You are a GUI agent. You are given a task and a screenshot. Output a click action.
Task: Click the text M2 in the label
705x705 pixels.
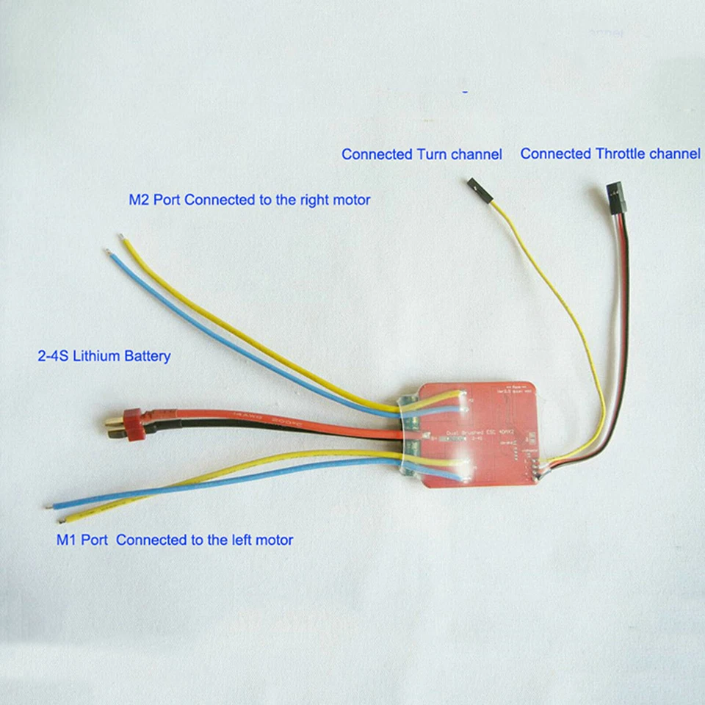click(140, 199)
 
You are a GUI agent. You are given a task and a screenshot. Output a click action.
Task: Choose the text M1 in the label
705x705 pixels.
click(68, 540)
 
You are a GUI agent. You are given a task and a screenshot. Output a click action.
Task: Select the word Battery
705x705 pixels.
click(148, 356)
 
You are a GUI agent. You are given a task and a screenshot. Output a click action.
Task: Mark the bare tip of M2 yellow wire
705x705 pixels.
click(122, 236)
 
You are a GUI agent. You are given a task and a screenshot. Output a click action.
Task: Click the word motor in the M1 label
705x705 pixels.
click(274, 540)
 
